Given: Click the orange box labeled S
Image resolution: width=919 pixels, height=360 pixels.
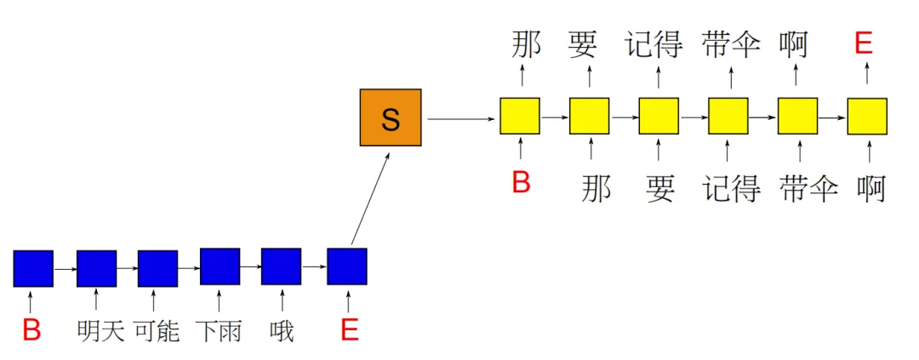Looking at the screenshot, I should tap(390, 118).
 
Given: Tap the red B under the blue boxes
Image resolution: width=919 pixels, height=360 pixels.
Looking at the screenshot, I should tap(31, 330).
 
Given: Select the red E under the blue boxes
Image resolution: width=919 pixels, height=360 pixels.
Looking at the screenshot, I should tap(349, 330).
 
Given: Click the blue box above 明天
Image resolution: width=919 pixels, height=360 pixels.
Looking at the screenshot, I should tap(96, 268).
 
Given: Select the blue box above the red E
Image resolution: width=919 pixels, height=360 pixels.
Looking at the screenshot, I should tap(347, 266).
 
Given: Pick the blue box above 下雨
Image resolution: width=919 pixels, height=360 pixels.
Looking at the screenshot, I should tap(220, 266).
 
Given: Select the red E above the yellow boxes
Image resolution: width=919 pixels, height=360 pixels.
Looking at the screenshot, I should tap(863, 43).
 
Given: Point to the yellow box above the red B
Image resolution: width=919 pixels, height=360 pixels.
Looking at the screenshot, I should tap(520, 117).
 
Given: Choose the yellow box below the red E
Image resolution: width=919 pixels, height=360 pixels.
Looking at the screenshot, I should tap(867, 117).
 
